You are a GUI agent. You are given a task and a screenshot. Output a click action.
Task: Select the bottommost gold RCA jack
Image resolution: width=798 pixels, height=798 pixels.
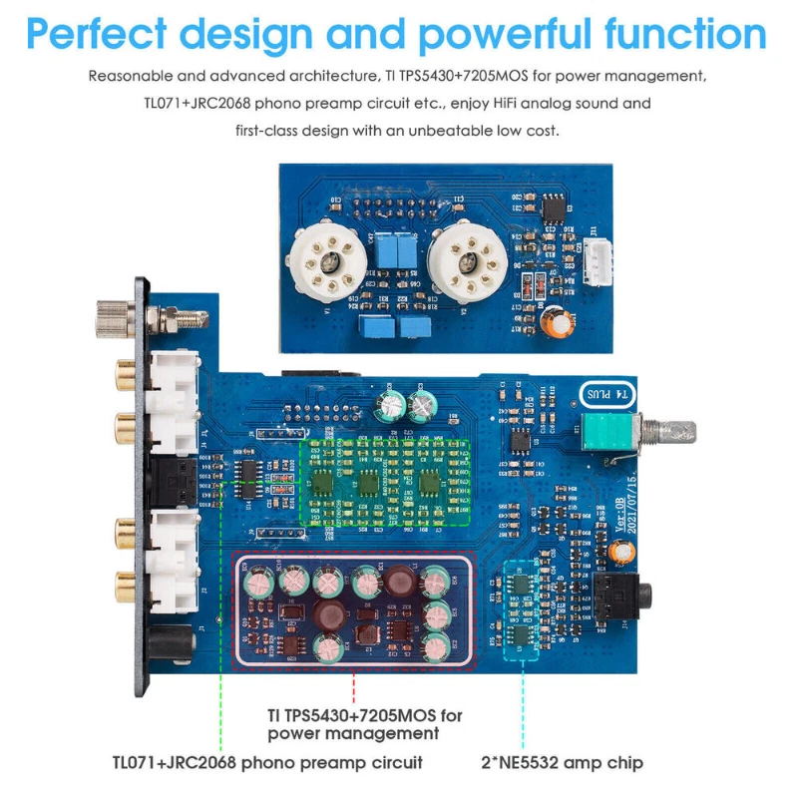point(127,580)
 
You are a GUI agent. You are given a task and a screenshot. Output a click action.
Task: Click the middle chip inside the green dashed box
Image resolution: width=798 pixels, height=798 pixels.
point(369,483)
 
